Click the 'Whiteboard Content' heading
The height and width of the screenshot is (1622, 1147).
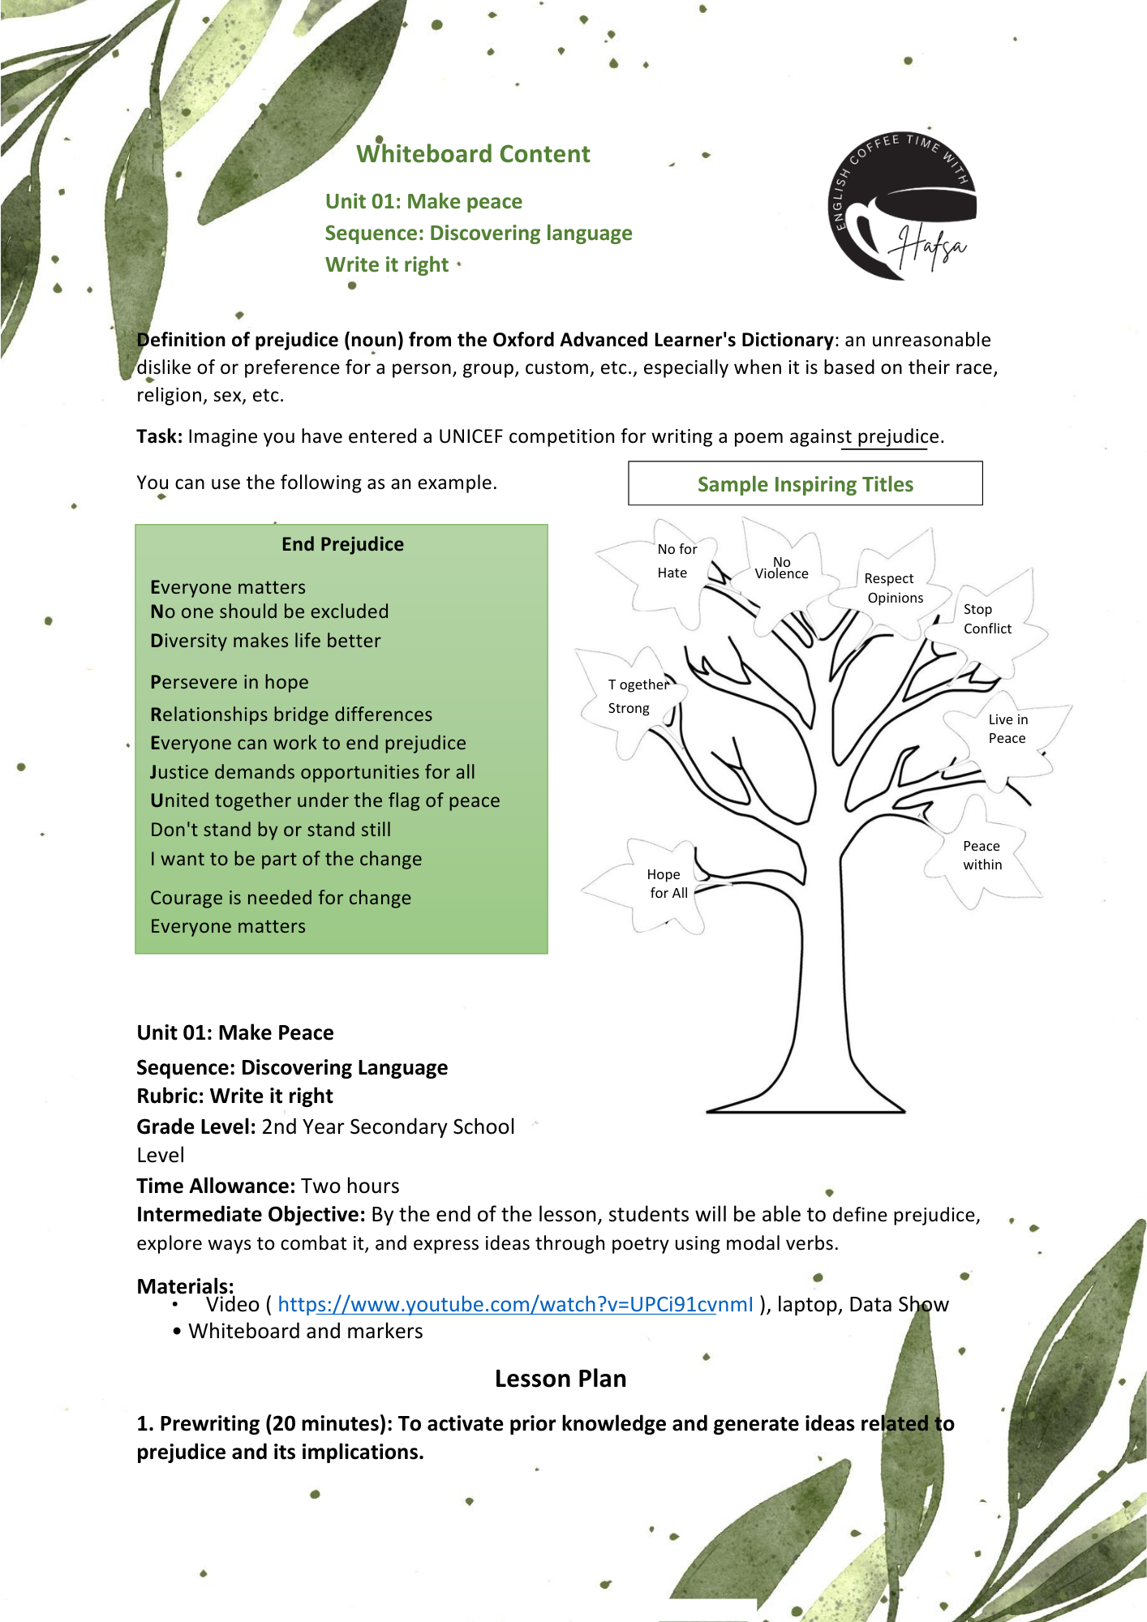473,154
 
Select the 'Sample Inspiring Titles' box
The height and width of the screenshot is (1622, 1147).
805,484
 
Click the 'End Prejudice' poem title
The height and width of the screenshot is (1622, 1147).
342,544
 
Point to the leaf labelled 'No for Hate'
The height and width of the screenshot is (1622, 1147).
675,560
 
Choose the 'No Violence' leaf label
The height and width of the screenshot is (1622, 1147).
781,568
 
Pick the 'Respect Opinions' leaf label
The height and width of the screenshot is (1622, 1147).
893,588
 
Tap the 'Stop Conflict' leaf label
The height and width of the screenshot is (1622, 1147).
986,619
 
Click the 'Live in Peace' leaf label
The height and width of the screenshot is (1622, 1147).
1007,728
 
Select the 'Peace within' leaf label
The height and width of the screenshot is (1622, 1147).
982,855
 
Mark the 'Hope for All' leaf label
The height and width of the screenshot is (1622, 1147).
667,883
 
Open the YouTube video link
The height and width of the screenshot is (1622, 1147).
515,1304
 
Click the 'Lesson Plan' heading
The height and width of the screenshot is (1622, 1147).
561,1379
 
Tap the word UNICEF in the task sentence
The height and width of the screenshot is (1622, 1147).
470,436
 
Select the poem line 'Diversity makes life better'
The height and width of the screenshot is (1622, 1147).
265,641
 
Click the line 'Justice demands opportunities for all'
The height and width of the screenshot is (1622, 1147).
312,772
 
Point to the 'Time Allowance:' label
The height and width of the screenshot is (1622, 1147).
215,1186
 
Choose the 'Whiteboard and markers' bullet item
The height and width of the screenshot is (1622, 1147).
305,1331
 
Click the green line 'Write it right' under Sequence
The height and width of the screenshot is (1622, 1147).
386,264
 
